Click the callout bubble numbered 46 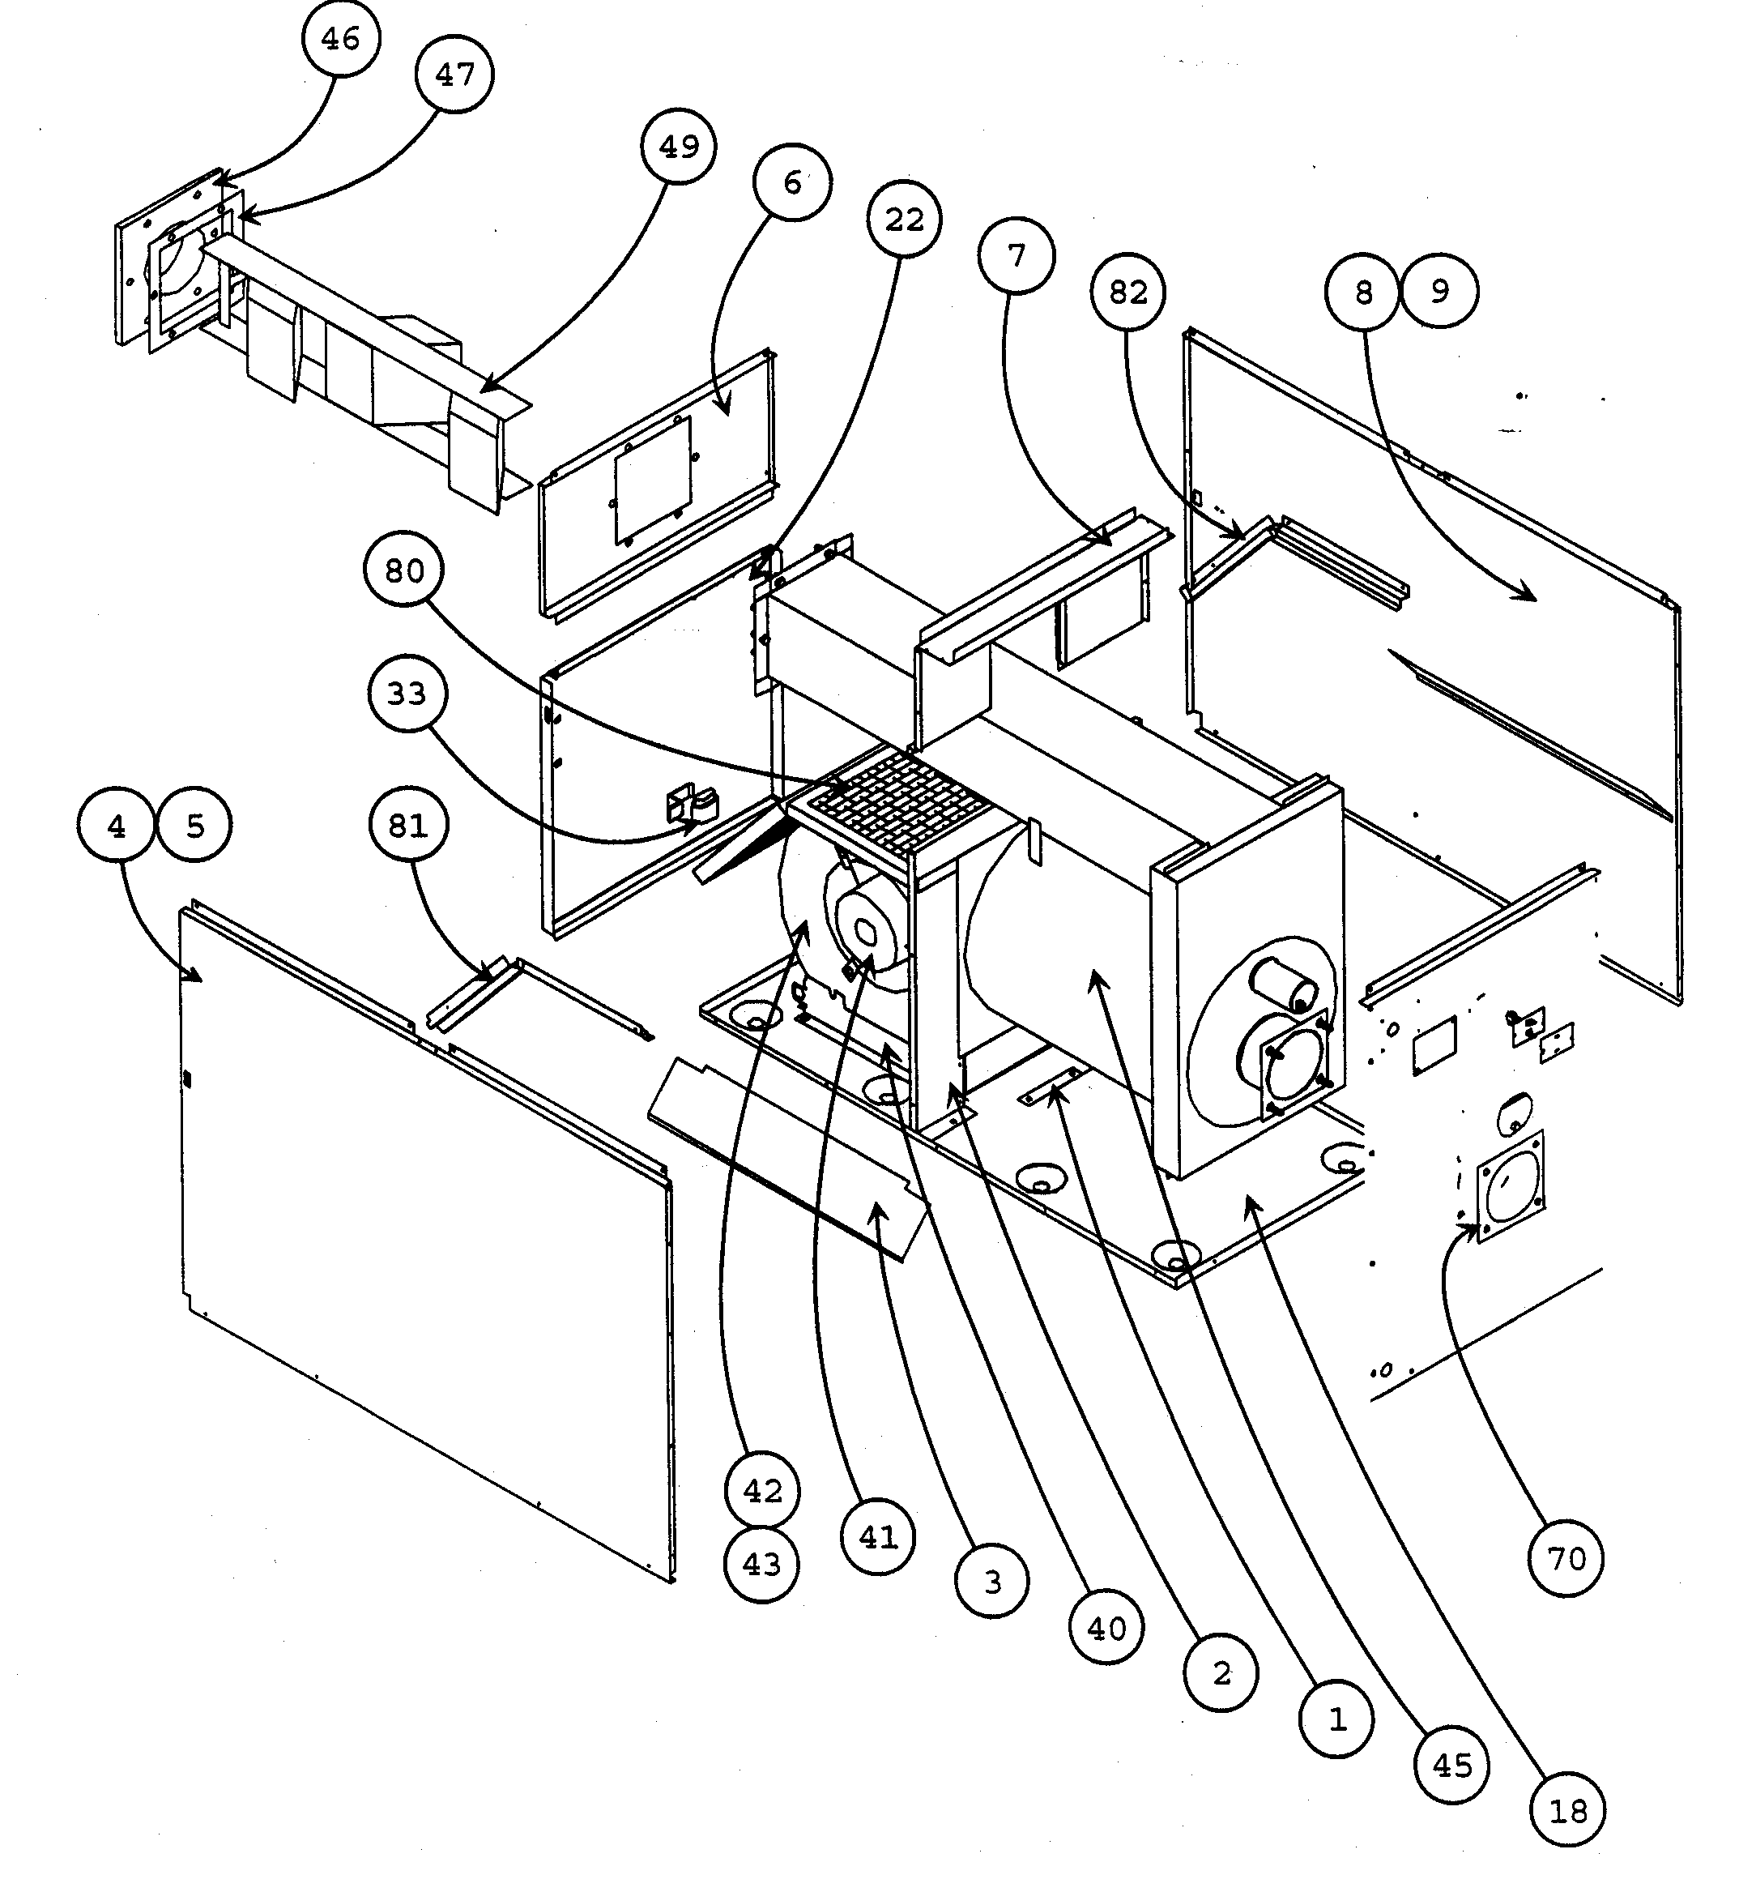click(341, 39)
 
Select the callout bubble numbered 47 click(455, 75)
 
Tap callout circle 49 click(679, 147)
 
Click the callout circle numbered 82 click(1128, 293)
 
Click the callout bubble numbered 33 click(407, 694)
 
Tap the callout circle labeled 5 click(194, 826)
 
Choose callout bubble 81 click(407, 826)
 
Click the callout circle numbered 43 click(761, 1565)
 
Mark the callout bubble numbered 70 click(1565, 1560)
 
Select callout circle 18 click(1568, 1811)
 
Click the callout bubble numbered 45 click(1452, 1766)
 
